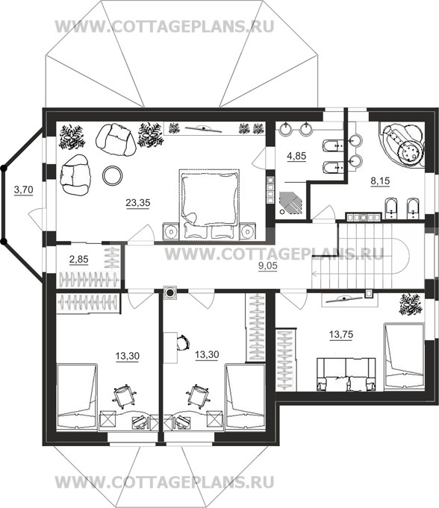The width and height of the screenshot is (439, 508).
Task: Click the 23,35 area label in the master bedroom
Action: click(x=138, y=203)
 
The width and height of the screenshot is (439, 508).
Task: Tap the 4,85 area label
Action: click(x=296, y=156)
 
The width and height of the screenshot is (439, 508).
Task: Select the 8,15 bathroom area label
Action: click(x=380, y=181)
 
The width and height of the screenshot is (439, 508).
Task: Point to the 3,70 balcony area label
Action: click(x=24, y=189)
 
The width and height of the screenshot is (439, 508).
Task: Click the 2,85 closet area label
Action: click(x=79, y=259)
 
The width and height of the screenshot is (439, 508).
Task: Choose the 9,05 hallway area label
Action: click(x=268, y=266)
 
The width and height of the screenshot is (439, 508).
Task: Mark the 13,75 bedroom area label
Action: click(x=341, y=334)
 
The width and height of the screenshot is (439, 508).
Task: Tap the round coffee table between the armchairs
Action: click(x=113, y=175)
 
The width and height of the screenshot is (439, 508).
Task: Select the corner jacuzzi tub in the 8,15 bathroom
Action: click(x=402, y=145)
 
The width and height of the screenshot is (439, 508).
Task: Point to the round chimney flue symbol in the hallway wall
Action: click(x=170, y=293)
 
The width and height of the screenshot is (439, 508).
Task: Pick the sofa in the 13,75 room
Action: click(x=346, y=374)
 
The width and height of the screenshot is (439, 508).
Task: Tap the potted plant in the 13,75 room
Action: click(x=410, y=304)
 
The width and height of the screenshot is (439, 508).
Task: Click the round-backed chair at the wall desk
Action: click(x=183, y=342)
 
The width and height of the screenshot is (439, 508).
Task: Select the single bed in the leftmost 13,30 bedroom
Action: click(x=77, y=397)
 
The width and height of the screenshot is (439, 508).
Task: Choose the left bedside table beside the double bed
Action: click(x=170, y=231)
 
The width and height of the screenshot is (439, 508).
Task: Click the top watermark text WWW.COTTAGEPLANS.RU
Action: click(x=165, y=27)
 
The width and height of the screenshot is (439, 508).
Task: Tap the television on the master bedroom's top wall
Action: click(x=204, y=128)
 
